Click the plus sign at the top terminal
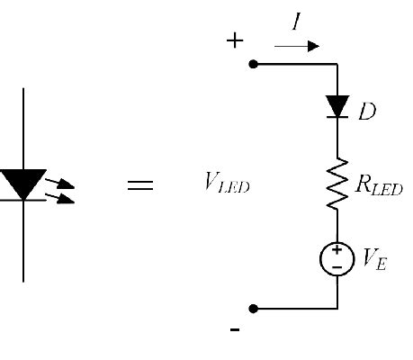(235, 40)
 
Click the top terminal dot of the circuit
(253, 64)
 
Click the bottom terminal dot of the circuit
(253, 309)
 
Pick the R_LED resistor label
(379, 188)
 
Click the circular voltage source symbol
(337, 259)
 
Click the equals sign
(139, 186)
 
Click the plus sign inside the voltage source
(337, 252)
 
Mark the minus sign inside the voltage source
(337, 267)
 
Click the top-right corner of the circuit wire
(337, 64)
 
